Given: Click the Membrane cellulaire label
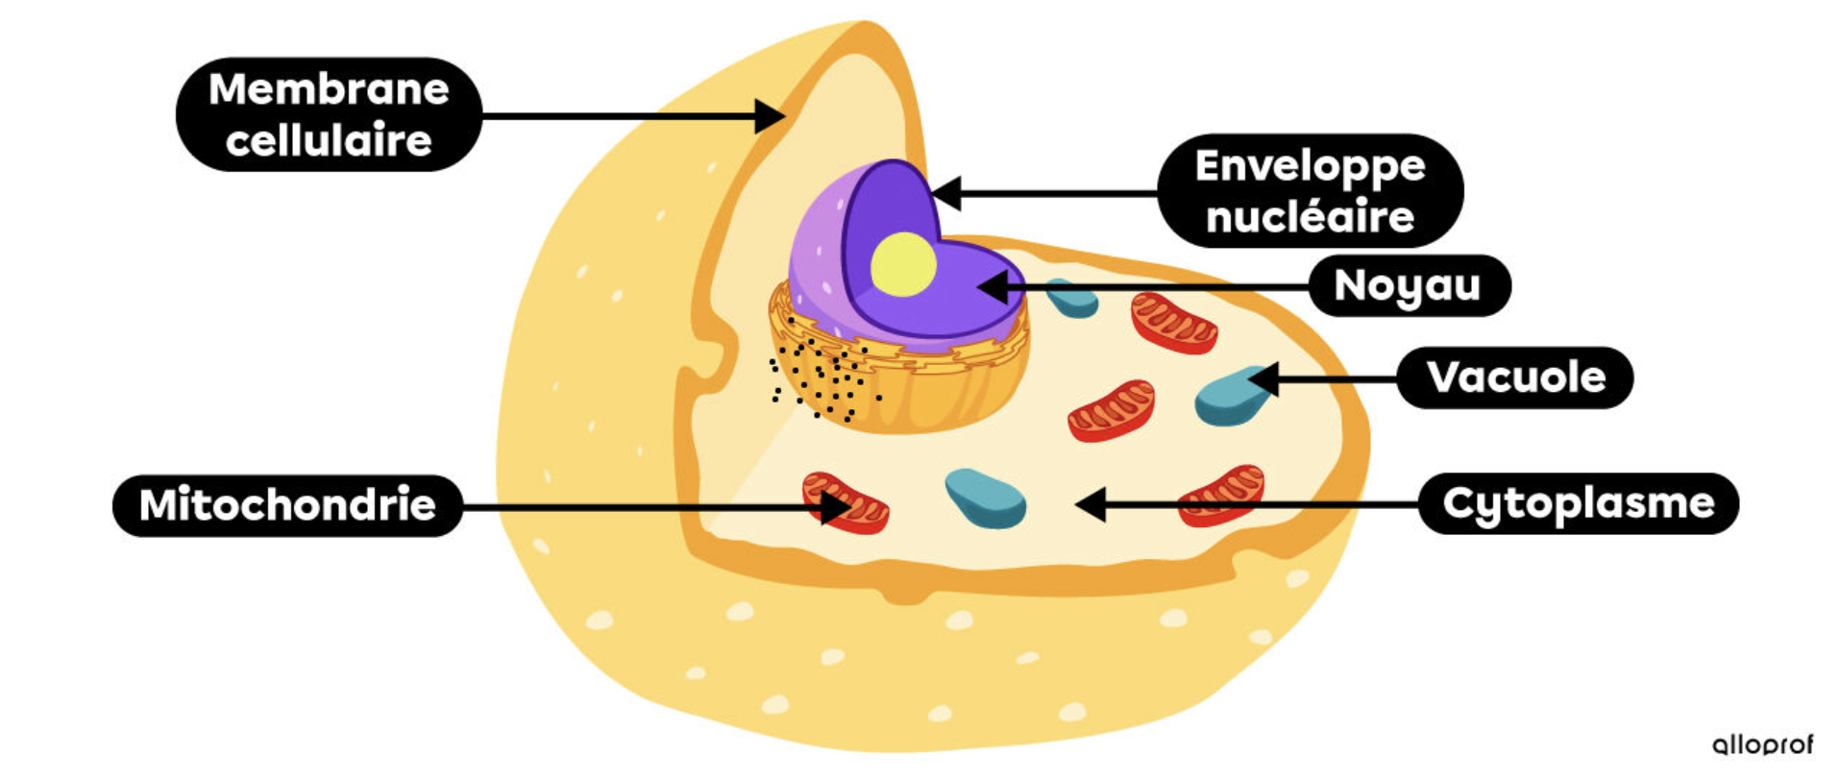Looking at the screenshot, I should pyautogui.click(x=329, y=115).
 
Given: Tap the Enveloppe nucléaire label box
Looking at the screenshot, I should pyautogui.click(x=1310, y=191).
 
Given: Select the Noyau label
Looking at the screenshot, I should pyautogui.click(x=1408, y=285).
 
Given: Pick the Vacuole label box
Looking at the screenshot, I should pyautogui.click(x=1515, y=377).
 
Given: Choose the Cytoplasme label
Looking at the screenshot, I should pyautogui.click(x=1578, y=503).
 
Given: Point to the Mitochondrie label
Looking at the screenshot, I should pyautogui.click(x=287, y=505).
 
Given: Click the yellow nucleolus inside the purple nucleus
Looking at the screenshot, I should pyautogui.click(x=903, y=264).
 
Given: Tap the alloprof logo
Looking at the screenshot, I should pyautogui.click(x=1762, y=744).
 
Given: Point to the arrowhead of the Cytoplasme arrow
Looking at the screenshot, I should pyautogui.click(x=1090, y=503).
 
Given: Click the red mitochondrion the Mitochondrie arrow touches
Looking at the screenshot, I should pyautogui.click(x=846, y=502).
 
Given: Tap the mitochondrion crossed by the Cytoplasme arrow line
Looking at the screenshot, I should pyautogui.click(x=1222, y=495).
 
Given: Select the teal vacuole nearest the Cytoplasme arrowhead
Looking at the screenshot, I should pyautogui.click(x=985, y=498).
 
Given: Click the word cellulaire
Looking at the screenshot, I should pyautogui.click(x=329, y=141).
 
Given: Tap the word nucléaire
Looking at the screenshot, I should pyautogui.click(x=1310, y=217).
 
